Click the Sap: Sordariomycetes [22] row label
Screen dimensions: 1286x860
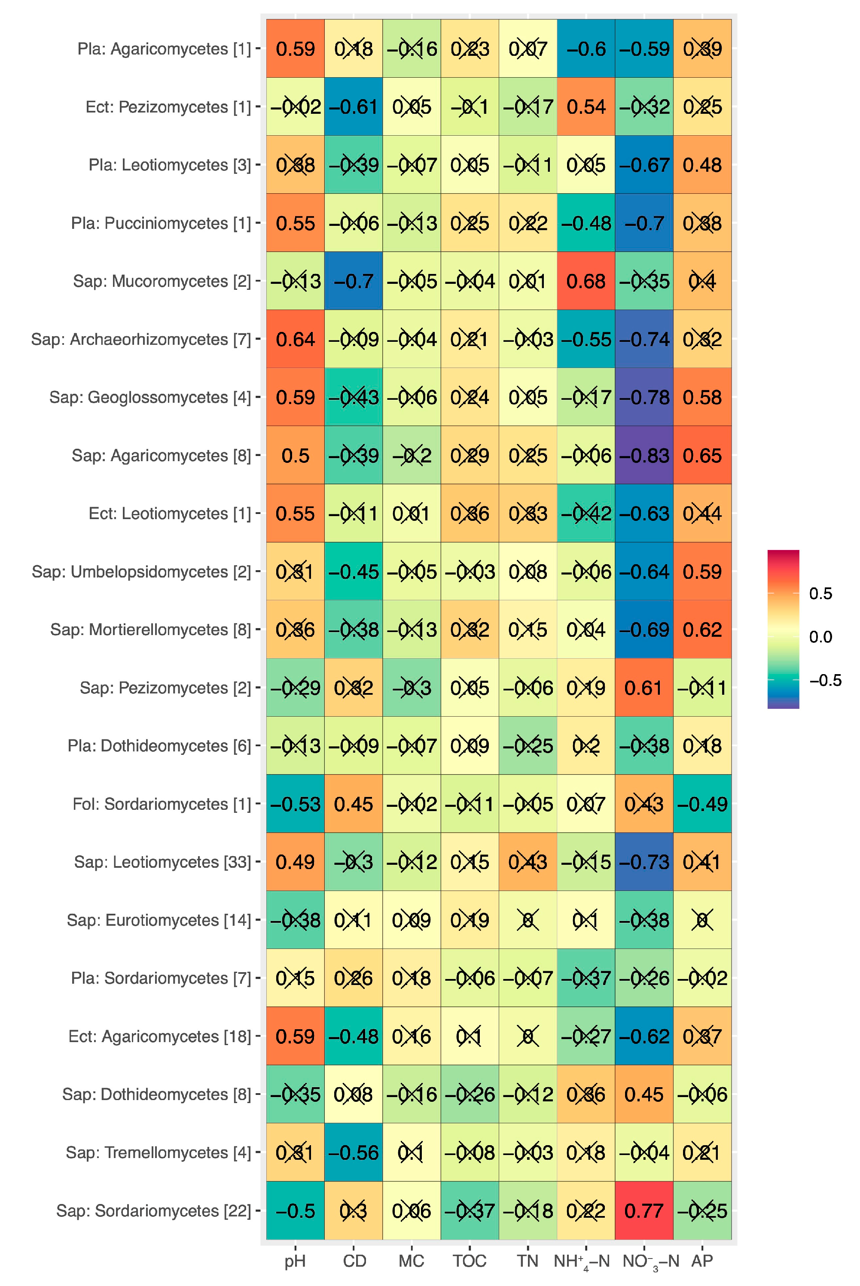pyautogui.click(x=154, y=1210)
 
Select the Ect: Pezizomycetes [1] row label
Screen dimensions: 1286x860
pyautogui.click(x=168, y=107)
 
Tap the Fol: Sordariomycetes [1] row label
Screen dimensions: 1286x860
pyautogui.click(x=162, y=804)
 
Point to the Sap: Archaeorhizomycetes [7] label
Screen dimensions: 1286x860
pyautogui.click(x=141, y=339)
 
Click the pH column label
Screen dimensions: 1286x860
pyautogui.click(x=295, y=1260)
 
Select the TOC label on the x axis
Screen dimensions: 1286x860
pyautogui.click(x=470, y=1260)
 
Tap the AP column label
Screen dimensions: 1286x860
pyautogui.click(x=702, y=1260)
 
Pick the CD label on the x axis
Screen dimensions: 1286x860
pyautogui.click(x=354, y=1260)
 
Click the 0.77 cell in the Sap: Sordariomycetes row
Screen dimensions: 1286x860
pyautogui.click(x=644, y=1210)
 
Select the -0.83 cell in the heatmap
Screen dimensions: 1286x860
pyautogui.click(x=644, y=456)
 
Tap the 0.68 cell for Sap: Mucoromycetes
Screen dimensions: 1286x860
pyautogui.click(x=586, y=281)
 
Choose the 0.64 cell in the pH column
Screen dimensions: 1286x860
pyautogui.click(x=295, y=339)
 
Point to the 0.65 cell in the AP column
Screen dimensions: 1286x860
pyautogui.click(x=702, y=456)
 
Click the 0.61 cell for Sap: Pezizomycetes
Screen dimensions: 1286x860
pyautogui.click(x=644, y=688)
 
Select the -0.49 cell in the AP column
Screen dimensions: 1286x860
pyautogui.click(x=702, y=804)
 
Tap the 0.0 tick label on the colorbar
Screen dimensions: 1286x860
pyautogui.click(x=820, y=637)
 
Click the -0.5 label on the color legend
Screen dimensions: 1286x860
pyautogui.click(x=825, y=680)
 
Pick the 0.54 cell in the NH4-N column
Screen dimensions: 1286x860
pyautogui.click(x=586, y=107)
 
